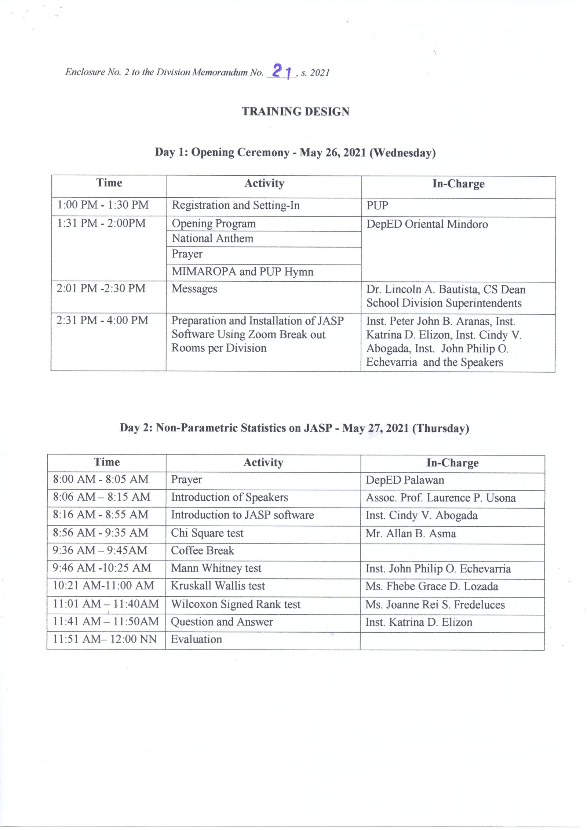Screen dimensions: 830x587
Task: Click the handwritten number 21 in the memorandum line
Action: pos(282,71)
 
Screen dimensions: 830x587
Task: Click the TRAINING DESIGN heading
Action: pos(295,111)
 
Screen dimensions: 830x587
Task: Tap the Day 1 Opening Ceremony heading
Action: pos(295,152)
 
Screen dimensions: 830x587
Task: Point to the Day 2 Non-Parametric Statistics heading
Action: pos(294,428)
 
